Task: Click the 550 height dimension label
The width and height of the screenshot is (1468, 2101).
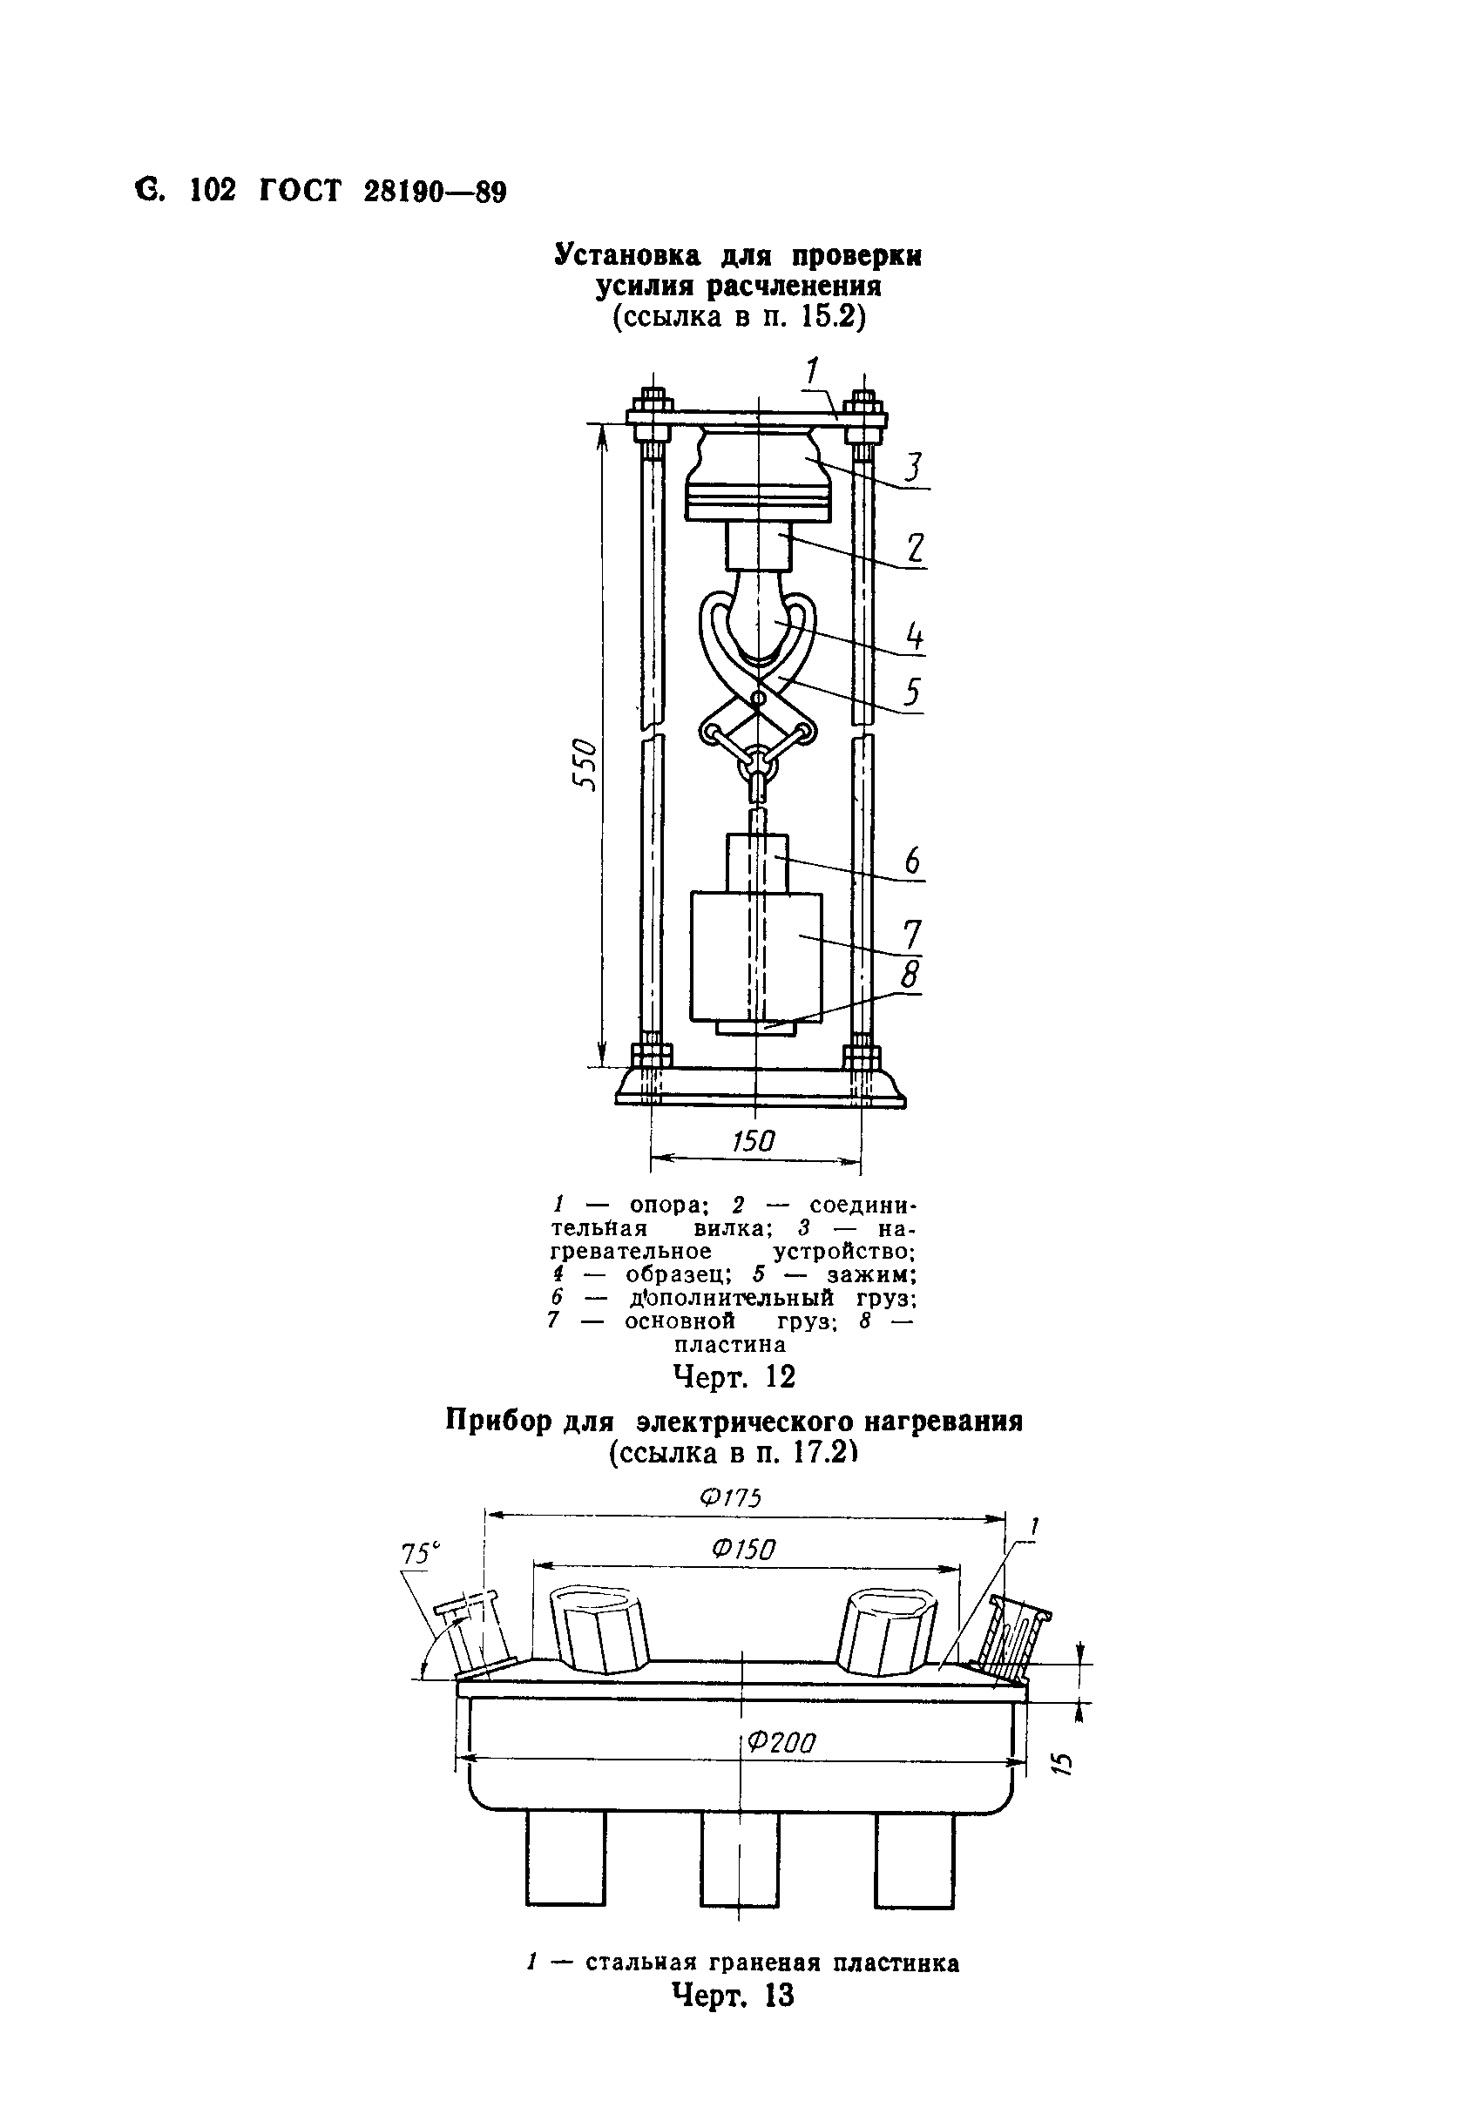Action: tap(584, 765)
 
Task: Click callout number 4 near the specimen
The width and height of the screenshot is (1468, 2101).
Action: tap(913, 636)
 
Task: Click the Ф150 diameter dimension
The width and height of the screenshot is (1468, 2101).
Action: tap(743, 1550)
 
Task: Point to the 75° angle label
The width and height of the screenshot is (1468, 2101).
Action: tap(420, 1554)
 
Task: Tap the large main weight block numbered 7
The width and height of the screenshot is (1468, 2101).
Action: tap(755, 957)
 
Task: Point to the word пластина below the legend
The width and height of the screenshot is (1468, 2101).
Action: tap(729, 1345)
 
